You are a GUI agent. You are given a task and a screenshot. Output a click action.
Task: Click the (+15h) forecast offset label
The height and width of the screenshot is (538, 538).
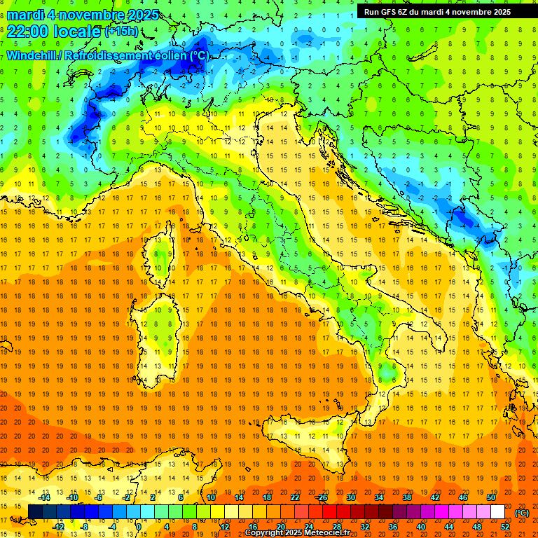(x=121, y=31)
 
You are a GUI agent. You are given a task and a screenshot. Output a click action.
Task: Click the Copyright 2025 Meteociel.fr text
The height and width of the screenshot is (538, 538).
(x=297, y=532)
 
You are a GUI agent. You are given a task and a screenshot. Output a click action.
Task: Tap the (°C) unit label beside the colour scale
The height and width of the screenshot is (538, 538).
(x=521, y=512)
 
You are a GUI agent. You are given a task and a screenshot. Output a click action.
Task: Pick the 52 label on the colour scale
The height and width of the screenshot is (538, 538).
(x=504, y=526)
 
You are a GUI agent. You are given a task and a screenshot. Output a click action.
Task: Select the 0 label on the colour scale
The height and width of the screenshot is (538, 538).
(x=139, y=526)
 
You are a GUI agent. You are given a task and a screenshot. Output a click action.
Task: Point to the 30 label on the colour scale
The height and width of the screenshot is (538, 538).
(x=350, y=497)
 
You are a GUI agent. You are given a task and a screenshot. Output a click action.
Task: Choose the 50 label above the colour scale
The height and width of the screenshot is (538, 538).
(x=490, y=497)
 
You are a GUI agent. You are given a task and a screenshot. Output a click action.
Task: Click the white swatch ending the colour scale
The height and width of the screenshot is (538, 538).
(x=497, y=512)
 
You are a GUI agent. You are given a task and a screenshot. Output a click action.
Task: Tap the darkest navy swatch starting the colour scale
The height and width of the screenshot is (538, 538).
(x=35, y=512)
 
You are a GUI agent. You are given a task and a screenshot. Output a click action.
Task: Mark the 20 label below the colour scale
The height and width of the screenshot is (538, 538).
(x=281, y=526)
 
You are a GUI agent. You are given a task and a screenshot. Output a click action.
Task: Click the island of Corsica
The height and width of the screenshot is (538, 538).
(x=163, y=252)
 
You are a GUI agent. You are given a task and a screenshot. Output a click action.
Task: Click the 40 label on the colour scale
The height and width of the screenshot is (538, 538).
(x=421, y=526)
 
